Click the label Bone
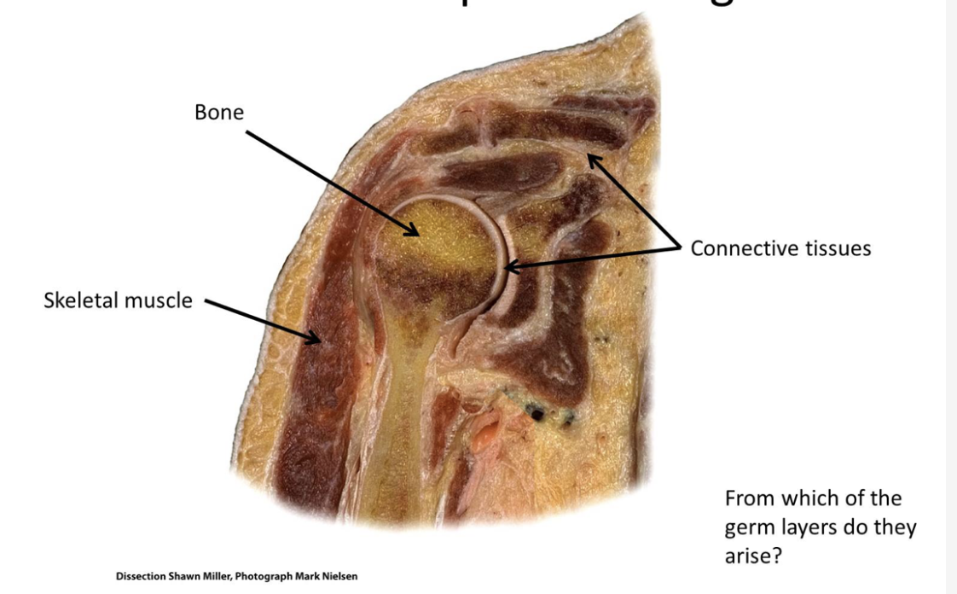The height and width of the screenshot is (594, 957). click(219, 112)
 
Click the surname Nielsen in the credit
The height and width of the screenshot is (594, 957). click(339, 576)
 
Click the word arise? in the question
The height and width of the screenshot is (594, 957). click(754, 556)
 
